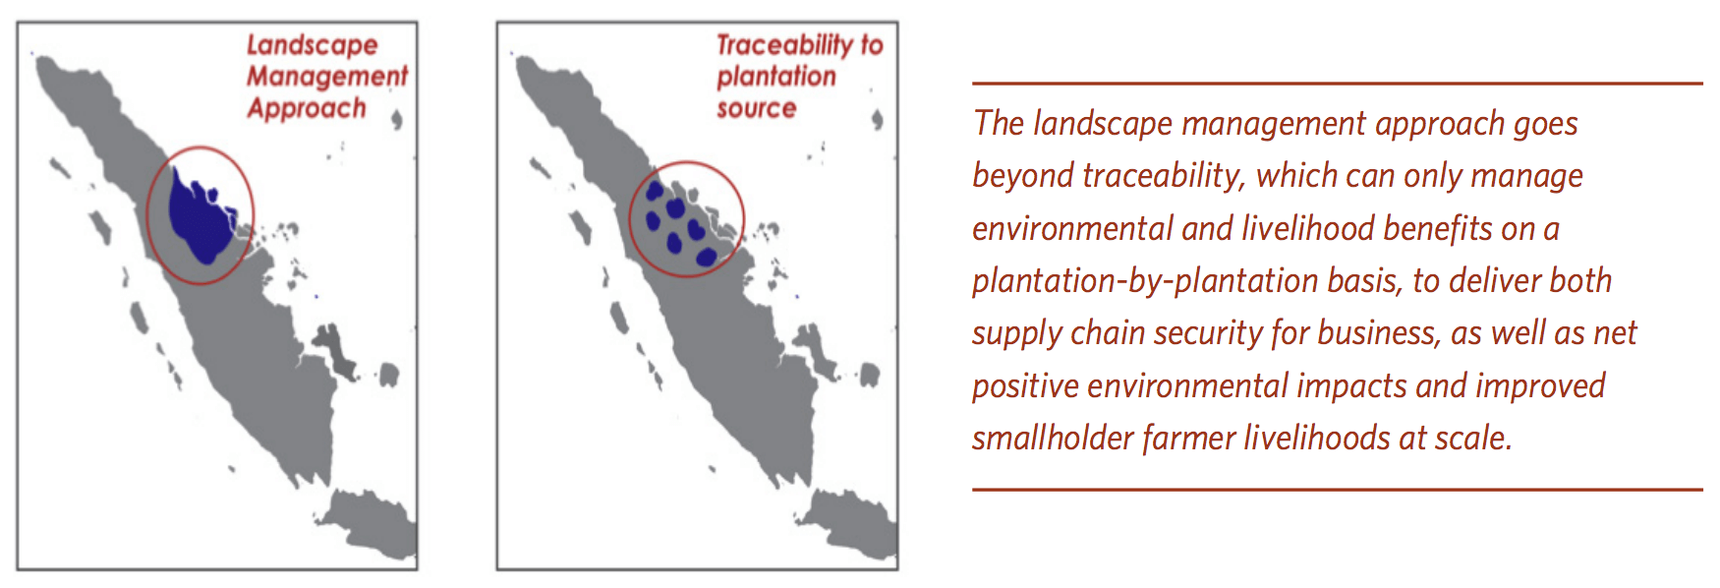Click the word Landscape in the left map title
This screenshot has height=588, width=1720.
[312, 46]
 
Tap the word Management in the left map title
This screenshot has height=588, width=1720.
[327, 76]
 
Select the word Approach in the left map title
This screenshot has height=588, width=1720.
[307, 108]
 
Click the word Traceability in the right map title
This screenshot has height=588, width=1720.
[784, 45]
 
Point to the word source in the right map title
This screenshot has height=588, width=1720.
[756, 108]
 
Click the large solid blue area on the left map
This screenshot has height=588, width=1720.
[201, 216]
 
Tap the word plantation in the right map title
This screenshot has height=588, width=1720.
[776, 77]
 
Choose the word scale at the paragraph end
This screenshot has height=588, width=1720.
[1473, 438]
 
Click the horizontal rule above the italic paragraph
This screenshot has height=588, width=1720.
[1337, 84]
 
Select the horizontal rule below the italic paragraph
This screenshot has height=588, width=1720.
[1337, 489]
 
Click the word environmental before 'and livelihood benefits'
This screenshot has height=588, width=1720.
[1072, 228]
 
